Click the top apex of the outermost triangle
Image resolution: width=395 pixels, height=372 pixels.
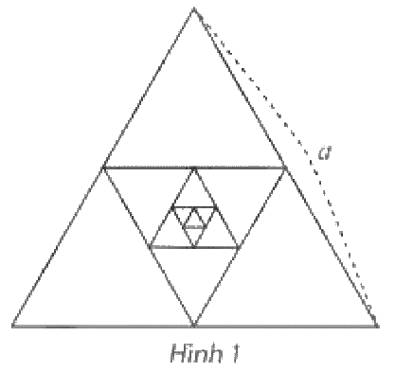[x=194, y=9]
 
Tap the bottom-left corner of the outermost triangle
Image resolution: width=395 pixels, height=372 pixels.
[x=12, y=325]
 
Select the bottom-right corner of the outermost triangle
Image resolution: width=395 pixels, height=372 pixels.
[x=377, y=325]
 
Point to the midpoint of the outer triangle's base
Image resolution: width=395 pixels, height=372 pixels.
[x=194, y=326]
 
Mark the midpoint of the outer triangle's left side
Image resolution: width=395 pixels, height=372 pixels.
[x=103, y=168]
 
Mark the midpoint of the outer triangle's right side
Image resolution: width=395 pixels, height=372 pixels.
[x=285, y=168]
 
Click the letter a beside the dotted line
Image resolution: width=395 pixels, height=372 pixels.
[x=324, y=153]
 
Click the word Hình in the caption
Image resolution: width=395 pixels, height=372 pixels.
[x=196, y=353]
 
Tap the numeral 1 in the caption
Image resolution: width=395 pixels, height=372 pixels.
[x=235, y=353]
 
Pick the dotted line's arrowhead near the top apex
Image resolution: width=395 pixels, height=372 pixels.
[x=205, y=24]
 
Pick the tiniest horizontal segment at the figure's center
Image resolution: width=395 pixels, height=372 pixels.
[x=194, y=227]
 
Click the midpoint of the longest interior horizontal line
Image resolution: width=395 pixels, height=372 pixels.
[x=194, y=168]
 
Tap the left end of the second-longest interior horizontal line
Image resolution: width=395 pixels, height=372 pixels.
[x=150, y=247]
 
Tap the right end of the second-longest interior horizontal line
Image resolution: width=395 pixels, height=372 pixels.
[x=239, y=247]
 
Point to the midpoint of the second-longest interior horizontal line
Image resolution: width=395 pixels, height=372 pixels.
[x=194, y=247]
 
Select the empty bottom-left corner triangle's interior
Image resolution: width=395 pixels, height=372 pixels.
[x=103, y=272]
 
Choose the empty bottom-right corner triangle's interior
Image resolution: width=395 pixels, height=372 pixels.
[x=285, y=272]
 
